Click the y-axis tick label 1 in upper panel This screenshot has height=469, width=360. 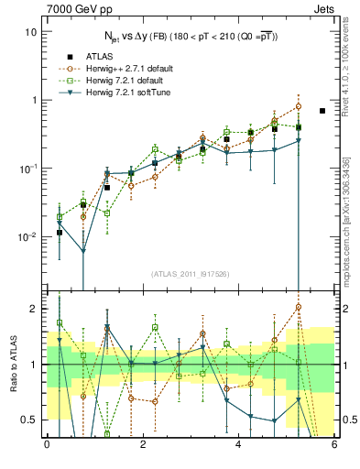(x=34, y=101)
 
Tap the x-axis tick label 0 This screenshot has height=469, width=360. (x=47, y=445)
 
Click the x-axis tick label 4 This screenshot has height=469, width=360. (x=238, y=445)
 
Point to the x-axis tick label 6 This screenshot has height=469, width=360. (x=334, y=445)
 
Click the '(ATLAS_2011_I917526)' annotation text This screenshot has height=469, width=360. (x=191, y=274)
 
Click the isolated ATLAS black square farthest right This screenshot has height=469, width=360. (x=322, y=111)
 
